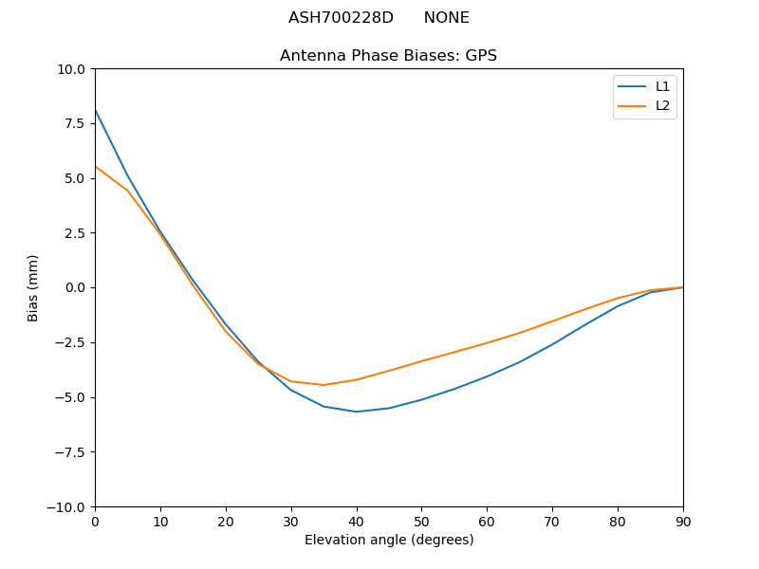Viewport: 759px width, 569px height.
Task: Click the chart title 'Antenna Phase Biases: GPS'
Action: [388, 56]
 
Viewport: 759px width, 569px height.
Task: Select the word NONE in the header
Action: [446, 18]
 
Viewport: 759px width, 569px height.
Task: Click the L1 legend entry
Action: [662, 86]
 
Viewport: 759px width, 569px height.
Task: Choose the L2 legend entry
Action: [662, 105]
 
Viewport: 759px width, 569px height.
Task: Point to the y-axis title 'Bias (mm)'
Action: [33, 287]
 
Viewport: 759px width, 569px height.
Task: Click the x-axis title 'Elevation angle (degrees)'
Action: [389, 541]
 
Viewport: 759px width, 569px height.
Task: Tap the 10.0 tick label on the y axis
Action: [72, 69]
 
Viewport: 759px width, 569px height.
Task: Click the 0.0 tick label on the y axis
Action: [76, 288]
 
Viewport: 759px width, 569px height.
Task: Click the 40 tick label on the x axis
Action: [357, 521]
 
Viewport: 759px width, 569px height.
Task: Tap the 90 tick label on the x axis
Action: [683, 521]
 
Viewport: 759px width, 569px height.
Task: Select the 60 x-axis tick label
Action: [487, 521]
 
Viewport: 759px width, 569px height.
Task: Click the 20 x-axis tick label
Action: [226, 521]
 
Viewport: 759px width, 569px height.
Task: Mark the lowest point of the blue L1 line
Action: [357, 412]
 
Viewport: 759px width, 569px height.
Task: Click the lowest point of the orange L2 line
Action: [324, 385]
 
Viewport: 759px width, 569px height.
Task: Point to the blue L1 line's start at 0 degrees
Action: [95, 110]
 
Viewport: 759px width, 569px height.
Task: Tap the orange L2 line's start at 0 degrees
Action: [95, 167]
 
